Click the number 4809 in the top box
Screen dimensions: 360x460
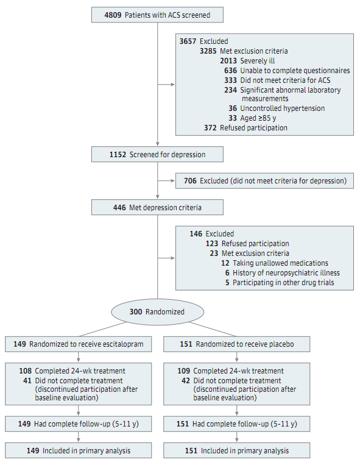pos(113,15)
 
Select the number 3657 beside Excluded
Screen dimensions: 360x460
pos(188,41)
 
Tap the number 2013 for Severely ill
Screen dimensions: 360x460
pos(228,61)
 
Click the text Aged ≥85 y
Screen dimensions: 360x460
pos(258,118)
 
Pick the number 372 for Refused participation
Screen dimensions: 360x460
pos(210,128)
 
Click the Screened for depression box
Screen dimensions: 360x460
pos(157,154)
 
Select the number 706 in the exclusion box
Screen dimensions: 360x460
pos(190,181)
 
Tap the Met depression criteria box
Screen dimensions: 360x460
pos(157,207)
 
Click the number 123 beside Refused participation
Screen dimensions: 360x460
pos(212,244)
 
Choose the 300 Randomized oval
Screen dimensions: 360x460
pos(157,311)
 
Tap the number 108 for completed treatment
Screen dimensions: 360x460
pos(25,371)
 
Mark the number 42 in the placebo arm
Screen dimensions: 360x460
pos(186,381)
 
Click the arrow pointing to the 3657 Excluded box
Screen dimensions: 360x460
pos(166,85)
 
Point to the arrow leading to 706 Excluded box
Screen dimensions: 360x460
pos(166,181)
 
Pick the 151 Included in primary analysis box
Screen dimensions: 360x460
pos(236,450)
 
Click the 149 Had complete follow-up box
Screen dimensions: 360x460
pos(79,424)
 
